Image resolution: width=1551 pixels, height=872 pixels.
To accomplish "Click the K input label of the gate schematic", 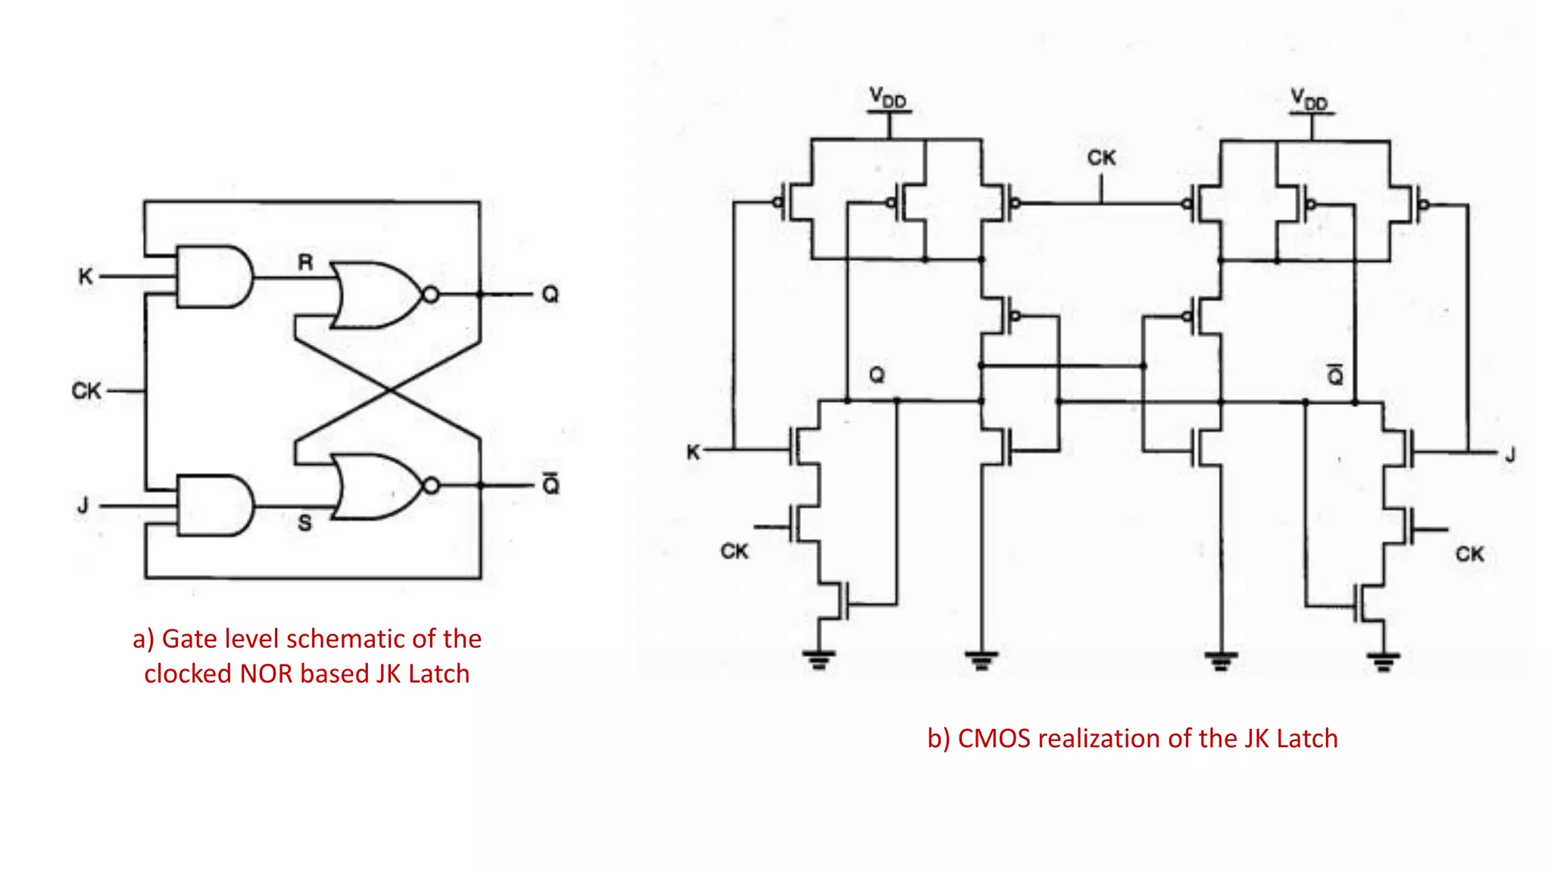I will coord(86,276).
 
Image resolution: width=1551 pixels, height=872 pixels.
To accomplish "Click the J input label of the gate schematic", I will coord(83,505).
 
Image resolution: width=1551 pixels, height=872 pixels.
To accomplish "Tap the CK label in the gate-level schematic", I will coord(86,391).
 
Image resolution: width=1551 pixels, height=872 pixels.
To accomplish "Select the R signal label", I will coord(305,263).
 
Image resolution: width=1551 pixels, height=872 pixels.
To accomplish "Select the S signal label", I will coord(304,523).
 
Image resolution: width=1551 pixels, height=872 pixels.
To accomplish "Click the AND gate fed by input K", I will coord(214,276).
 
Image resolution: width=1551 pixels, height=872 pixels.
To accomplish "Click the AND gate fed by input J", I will coord(215,506).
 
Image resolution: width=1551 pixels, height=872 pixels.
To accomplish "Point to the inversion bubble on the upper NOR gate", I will coord(430,294).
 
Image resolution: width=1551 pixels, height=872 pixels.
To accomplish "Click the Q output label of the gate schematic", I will coord(551,294).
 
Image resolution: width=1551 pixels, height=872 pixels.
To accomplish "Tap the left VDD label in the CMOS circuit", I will coord(888,98).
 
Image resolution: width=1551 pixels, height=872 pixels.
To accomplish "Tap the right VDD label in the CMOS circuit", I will coord(1309,99).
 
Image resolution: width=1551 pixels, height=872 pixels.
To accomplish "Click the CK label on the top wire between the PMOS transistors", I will coord(1101,158).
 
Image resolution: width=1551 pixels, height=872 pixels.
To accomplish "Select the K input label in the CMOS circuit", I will coord(693,453).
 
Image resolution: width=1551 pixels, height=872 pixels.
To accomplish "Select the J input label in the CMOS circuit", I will coord(1510,455).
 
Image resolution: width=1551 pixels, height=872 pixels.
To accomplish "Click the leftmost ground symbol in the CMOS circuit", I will coord(819,659).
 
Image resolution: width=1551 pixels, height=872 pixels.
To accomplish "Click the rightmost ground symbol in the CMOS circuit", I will coord(1384,661).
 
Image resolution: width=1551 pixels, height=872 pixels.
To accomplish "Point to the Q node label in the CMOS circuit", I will coord(877,375).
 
